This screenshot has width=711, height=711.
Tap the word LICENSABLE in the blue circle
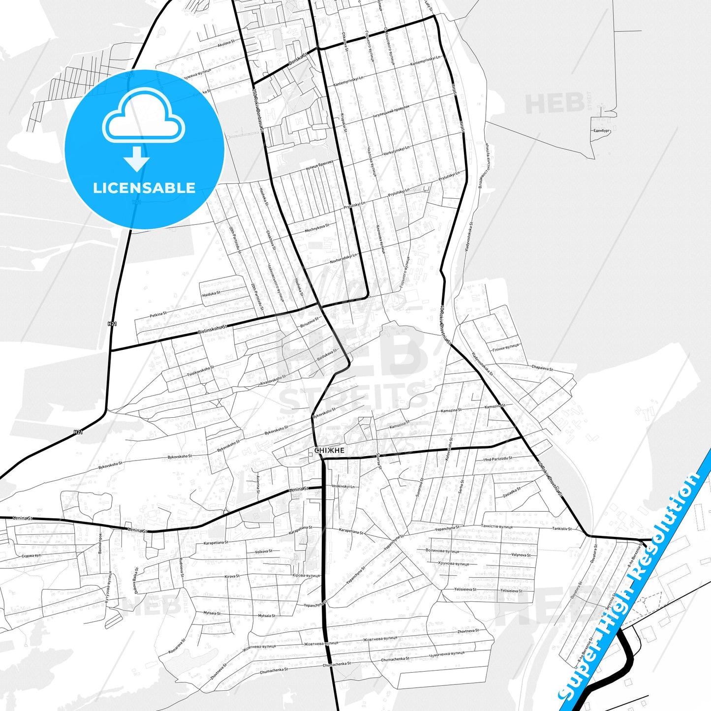pos(144,188)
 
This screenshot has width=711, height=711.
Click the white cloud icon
pos(144,117)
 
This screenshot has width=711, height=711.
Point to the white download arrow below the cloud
pos(137,159)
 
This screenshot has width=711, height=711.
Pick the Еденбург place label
pos(601,131)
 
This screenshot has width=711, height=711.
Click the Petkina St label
pos(158,313)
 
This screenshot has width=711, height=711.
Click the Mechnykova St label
pos(317,228)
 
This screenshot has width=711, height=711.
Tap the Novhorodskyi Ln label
pos(343,258)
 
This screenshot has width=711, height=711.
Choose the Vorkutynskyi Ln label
pos(397,150)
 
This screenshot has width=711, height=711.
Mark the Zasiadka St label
pos(512,492)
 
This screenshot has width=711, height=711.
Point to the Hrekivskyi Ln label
pos(343,486)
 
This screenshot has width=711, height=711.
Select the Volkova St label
pos(263,551)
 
